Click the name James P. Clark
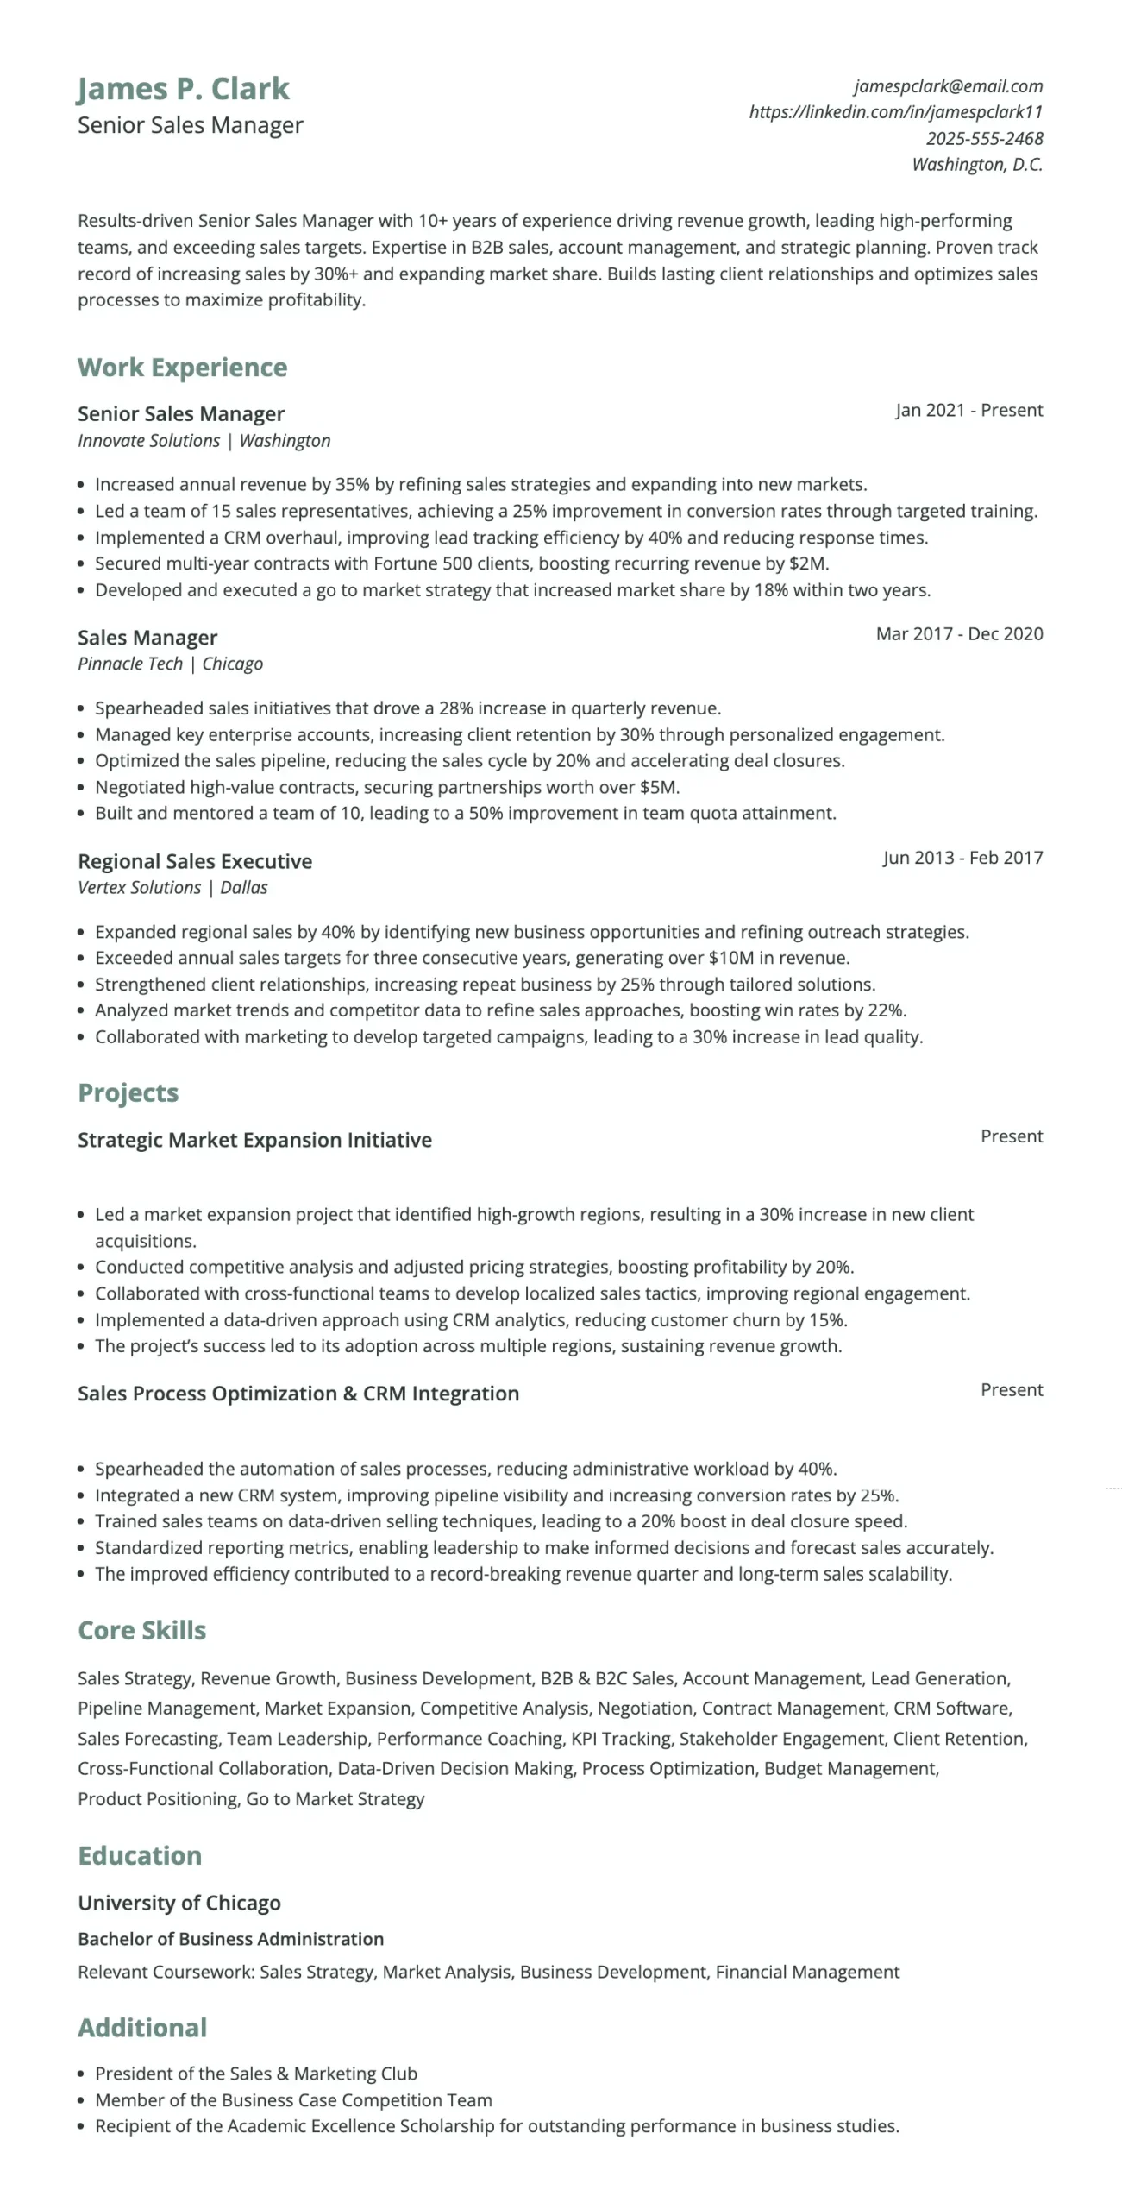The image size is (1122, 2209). point(183,89)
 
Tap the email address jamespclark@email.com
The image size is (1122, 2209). point(948,86)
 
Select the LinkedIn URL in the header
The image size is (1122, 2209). point(895,112)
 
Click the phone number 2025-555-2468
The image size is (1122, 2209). point(984,139)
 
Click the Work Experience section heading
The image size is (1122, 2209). point(182,368)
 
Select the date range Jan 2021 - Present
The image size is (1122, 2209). point(968,411)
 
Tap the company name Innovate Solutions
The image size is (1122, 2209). point(148,441)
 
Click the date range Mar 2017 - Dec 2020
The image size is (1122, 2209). point(959,634)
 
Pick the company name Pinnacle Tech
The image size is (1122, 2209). point(129,664)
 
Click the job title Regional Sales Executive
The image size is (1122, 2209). point(195,861)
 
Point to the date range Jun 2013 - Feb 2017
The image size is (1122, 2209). point(962,858)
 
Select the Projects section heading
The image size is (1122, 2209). point(128,1092)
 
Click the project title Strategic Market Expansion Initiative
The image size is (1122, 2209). point(254,1140)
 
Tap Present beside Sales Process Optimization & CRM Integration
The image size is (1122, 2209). point(1011,1390)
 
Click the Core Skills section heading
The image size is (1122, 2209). point(142,1630)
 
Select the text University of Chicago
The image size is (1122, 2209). point(179,1903)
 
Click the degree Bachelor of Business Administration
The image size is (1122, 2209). point(230,1939)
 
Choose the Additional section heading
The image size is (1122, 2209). point(142,2028)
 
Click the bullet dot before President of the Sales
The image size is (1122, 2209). point(81,2074)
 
